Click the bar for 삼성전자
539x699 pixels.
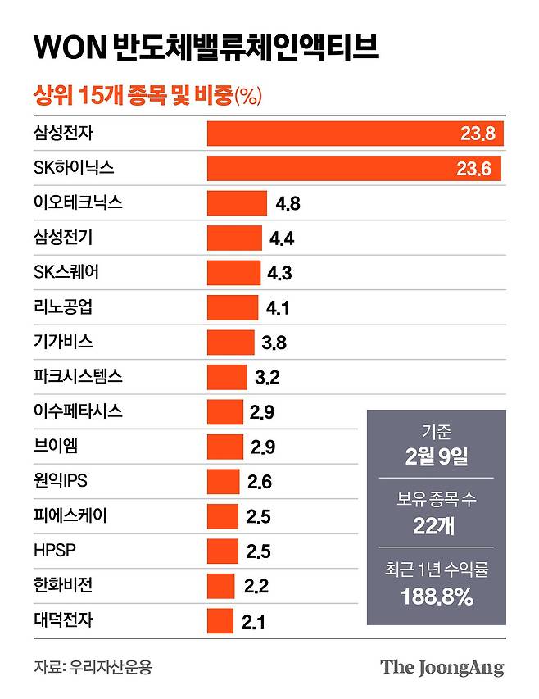click(x=355, y=134)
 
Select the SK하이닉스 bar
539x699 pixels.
click(x=353, y=168)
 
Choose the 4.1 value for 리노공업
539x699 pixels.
click(x=279, y=308)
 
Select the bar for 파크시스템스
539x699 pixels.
click(x=227, y=377)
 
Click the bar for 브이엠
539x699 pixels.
click(x=225, y=447)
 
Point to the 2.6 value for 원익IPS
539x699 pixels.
click(x=259, y=482)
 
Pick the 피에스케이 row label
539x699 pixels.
click(x=71, y=515)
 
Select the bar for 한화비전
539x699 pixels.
click(x=221, y=586)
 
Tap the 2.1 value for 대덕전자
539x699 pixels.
click(x=254, y=622)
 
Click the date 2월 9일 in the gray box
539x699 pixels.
click(x=436, y=457)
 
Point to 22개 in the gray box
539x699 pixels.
click(x=436, y=526)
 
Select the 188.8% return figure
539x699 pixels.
click(x=437, y=597)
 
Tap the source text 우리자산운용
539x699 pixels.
click(x=111, y=667)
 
